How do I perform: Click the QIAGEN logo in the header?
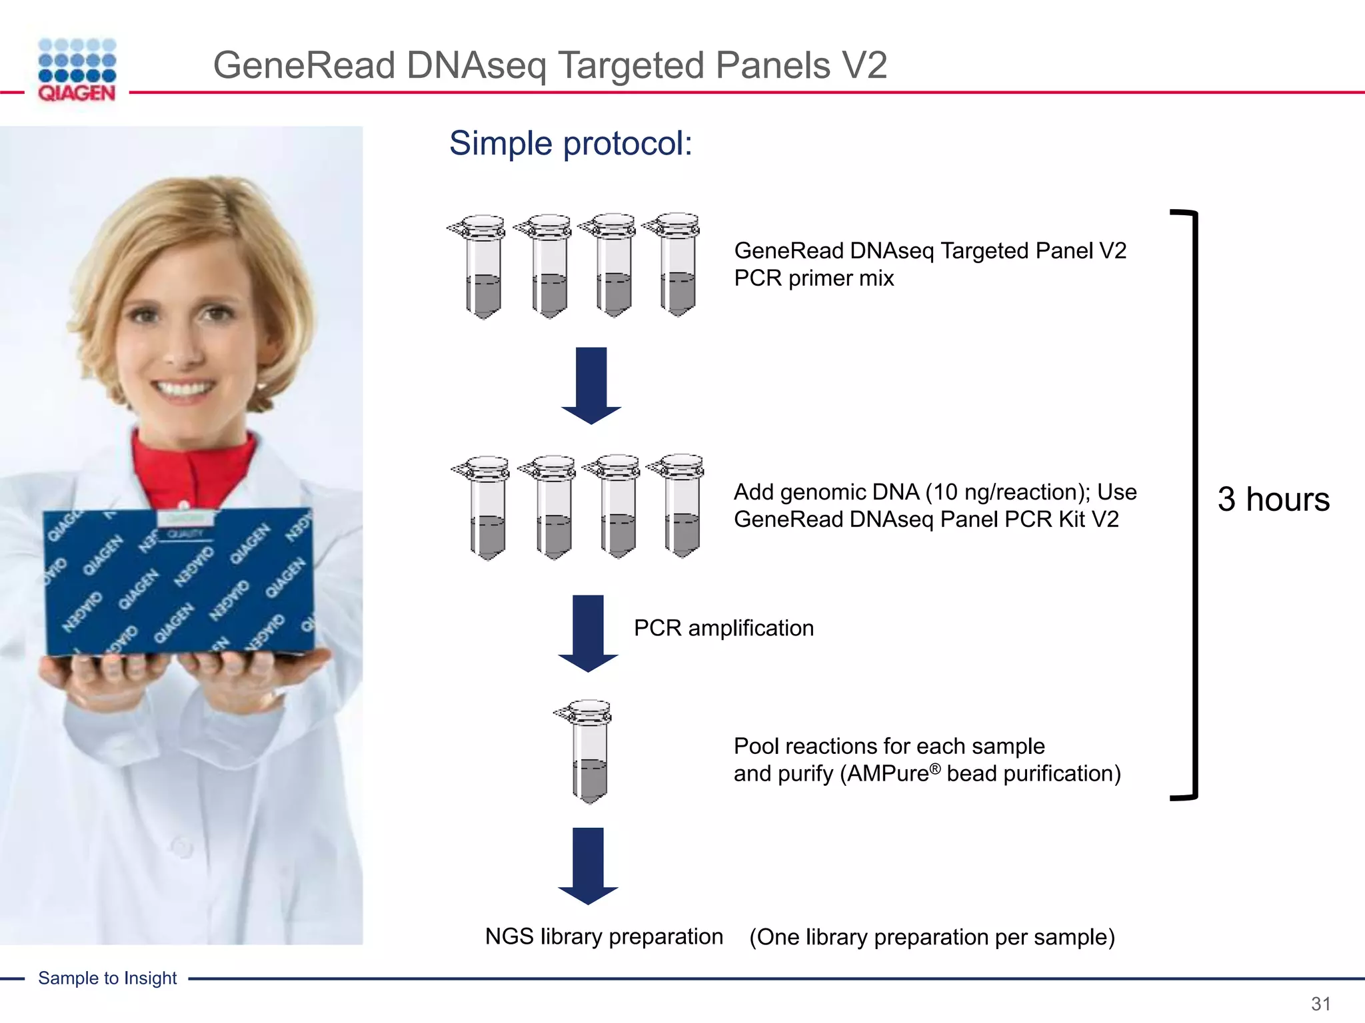(x=77, y=70)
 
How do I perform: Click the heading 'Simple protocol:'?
(x=571, y=143)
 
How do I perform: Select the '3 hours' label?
(x=1273, y=499)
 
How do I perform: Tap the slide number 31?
(x=1320, y=1004)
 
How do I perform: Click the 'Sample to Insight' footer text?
(x=107, y=978)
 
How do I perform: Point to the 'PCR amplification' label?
(x=723, y=628)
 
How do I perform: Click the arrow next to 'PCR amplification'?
(x=589, y=633)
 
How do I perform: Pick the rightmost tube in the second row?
(x=680, y=506)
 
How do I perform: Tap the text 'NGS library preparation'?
(x=604, y=936)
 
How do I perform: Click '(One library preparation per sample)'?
(x=932, y=937)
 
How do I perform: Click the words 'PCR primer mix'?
(x=813, y=278)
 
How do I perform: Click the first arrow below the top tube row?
(x=591, y=384)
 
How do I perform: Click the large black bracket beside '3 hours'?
(x=1193, y=504)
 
